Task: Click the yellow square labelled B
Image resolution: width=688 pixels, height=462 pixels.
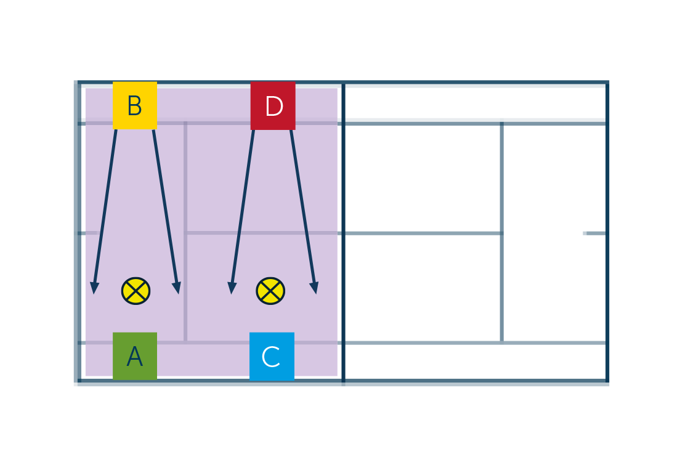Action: tap(135, 105)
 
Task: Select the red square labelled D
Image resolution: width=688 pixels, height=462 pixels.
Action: tap(273, 105)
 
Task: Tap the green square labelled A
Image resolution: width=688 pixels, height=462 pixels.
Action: tap(135, 356)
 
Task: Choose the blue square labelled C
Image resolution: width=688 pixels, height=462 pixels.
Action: tap(272, 356)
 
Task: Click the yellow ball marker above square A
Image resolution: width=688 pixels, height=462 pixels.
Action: tap(136, 291)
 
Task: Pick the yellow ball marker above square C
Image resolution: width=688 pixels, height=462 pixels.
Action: tap(271, 291)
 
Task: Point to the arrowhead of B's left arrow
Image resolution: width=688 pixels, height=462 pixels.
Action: tap(94, 288)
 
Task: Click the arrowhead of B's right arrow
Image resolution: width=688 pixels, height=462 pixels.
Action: tap(177, 288)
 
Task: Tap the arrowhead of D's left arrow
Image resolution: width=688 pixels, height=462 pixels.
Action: tap(232, 288)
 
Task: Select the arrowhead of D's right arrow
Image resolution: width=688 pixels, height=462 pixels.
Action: tap(314, 288)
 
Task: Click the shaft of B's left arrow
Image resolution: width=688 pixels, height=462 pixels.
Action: tap(105, 206)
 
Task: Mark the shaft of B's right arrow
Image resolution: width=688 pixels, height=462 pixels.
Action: tap(165, 206)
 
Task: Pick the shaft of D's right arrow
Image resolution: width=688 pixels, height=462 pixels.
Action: tap(302, 206)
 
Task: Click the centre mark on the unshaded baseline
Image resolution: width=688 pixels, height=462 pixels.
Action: tap(594, 233)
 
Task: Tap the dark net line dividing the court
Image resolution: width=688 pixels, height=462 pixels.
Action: tap(343, 231)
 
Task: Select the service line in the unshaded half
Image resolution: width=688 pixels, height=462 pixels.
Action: tap(501, 232)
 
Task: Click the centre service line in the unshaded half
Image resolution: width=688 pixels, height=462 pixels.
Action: tap(423, 233)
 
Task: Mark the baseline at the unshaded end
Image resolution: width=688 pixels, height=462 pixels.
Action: tap(607, 231)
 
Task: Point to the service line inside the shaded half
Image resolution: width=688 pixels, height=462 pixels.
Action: tap(185, 232)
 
